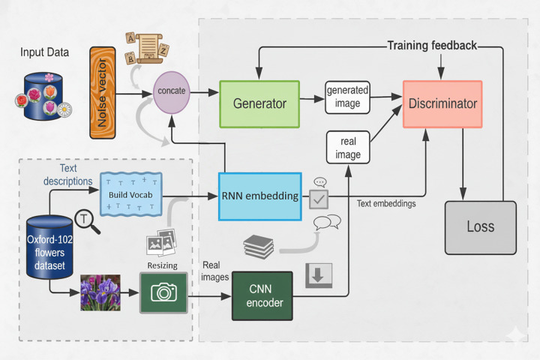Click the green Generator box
pos(259,104)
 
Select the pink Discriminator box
pos(442,104)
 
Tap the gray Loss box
pos(481,228)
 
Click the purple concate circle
pos(172,92)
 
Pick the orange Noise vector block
pos(103,93)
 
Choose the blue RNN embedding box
pos(260,196)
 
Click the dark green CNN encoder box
pos(262,296)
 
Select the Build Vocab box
pos(130,194)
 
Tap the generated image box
pos(347,97)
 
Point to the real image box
pos(348,148)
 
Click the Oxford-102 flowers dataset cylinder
pos(49,247)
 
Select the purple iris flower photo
pos(100,292)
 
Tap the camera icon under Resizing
pos(163,292)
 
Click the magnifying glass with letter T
pos(87,221)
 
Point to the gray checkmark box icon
pos(319,199)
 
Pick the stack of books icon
pos(259,246)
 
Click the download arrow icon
pos(319,275)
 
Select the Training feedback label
pos(432,45)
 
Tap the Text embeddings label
pos(386,203)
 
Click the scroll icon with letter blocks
pos(147,48)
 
